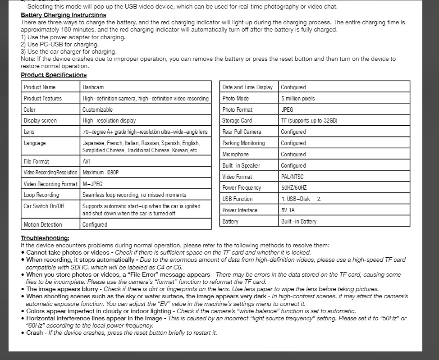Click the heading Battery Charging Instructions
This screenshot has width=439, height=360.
(x=64, y=15)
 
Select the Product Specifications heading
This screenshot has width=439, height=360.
(x=54, y=75)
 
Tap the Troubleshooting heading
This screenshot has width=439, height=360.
(x=45, y=238)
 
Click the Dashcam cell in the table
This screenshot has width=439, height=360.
(x=93, y=87)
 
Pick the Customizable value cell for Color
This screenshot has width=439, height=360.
(x=97, y=109)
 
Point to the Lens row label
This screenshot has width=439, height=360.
(x=29, y=132)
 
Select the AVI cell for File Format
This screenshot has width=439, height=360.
(x=87, y=161)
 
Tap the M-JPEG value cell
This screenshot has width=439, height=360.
(x=93, y=184)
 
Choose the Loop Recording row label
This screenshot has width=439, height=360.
(x=41, y=195)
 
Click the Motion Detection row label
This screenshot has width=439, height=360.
(x=43, y=224)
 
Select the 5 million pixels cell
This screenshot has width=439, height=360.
(x=298, y=98)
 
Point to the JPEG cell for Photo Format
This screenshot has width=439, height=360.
(x=287, y=109)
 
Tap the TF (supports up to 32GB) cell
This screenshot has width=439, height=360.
(x=309, y=121)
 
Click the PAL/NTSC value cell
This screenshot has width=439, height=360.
(x=293, y=177)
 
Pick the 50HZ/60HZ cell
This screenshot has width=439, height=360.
(x=294, y=188)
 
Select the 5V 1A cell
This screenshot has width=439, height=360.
(x=288, y=210)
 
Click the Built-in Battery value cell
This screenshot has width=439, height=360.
(x=299, y=221)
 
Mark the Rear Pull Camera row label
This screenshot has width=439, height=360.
(x=242, y=132)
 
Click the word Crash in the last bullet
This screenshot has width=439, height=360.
(x=35, y=333)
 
